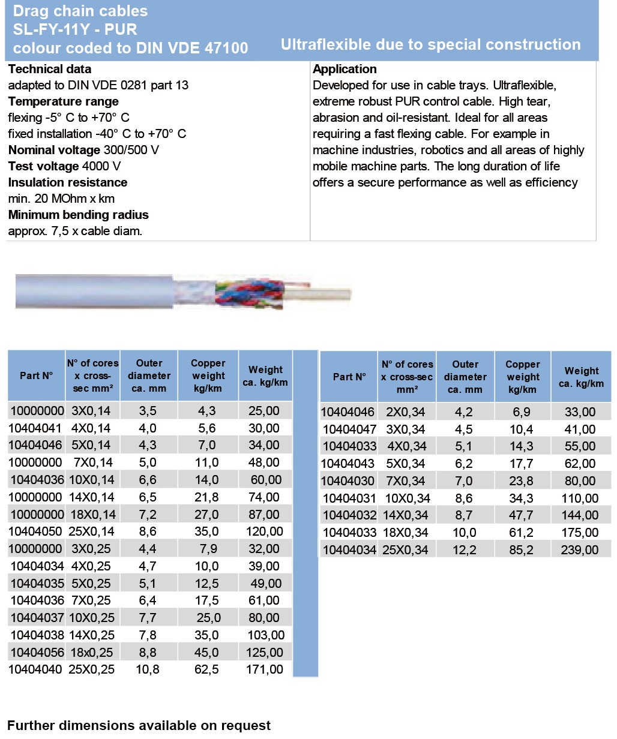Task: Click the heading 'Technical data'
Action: coord(50,69)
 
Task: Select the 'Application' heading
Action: coord(345,69)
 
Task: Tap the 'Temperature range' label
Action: coord(63,101)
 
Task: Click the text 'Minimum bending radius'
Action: coord(78,215)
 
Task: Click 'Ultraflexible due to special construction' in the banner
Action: coord(430,45)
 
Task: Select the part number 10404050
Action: coord(36,531)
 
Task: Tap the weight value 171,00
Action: coord(265,669)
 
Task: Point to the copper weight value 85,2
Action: coord(521,550)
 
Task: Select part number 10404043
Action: coord(348,464)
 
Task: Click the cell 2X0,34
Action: coord(405,412)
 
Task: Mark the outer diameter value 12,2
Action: coord(465,550)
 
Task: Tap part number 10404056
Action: coord(36,653)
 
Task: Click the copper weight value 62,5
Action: coord(207,669)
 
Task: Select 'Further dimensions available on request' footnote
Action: coord(139,725)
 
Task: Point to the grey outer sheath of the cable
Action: coord(90,290)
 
